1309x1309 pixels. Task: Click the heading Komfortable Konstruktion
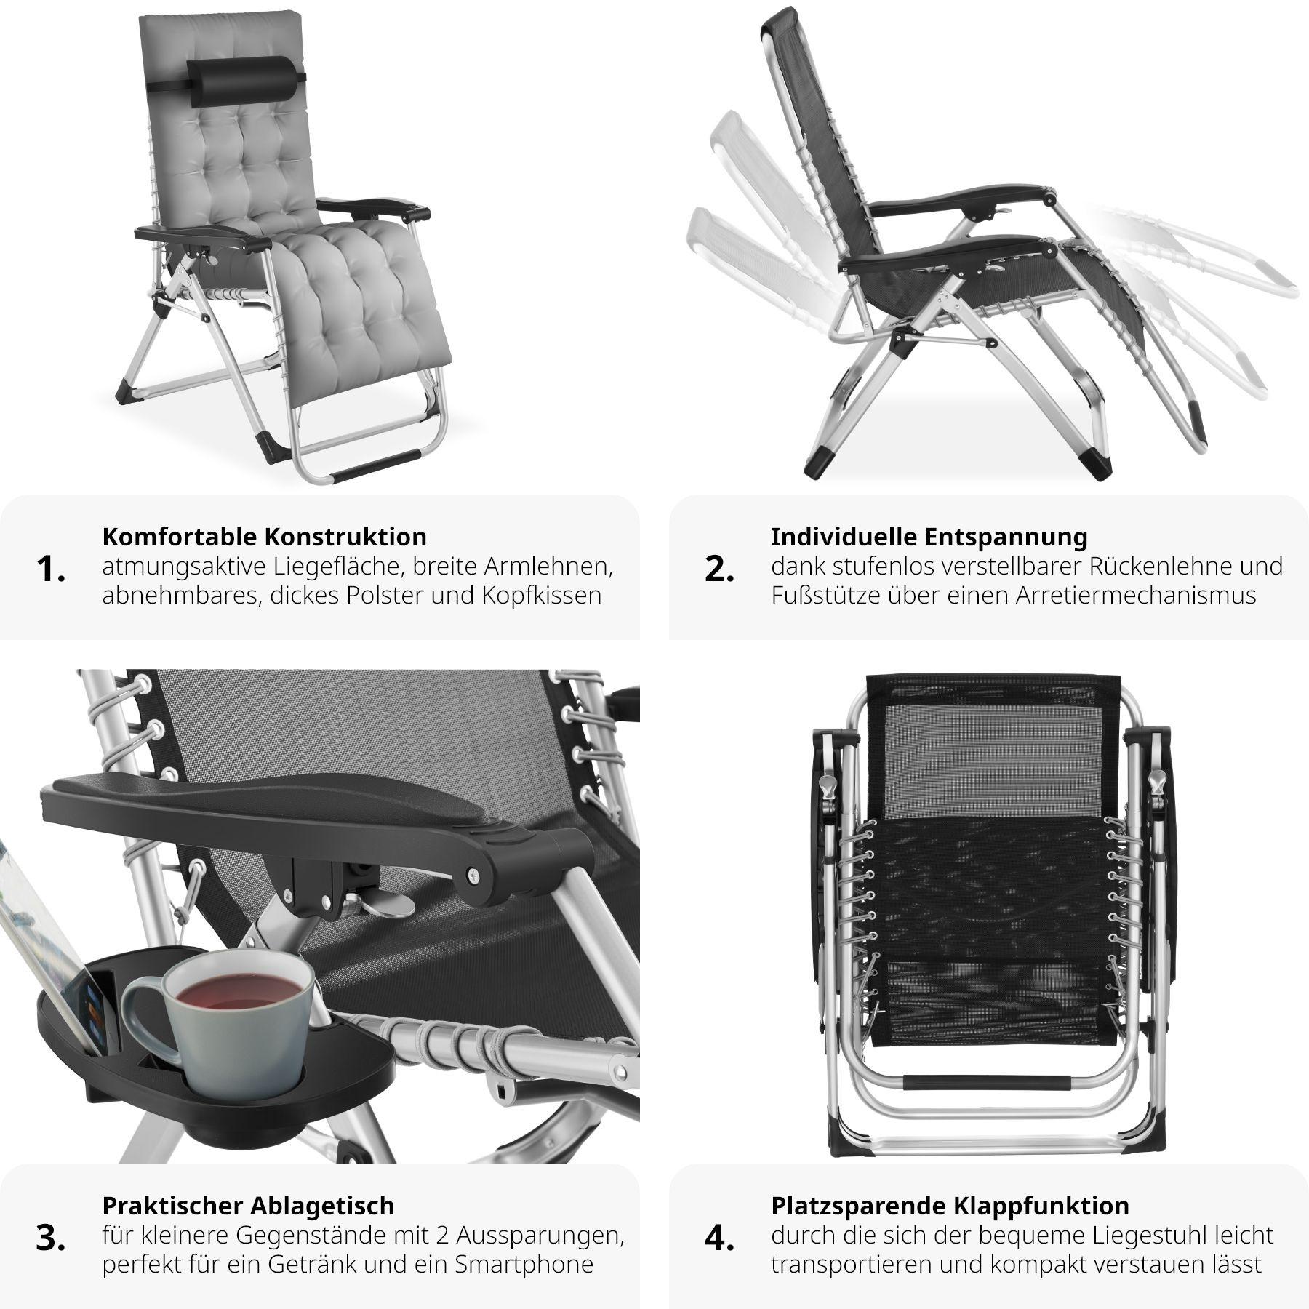click(x=264, y=537)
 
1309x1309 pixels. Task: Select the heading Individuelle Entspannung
click(x=929, y=537)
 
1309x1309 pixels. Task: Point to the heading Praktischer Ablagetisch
click(x=248, y=1206)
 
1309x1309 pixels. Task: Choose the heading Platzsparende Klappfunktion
click(x=950, y=1206)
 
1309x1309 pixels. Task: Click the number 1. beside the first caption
click(x=50, y=569)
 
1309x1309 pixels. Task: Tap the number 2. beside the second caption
click(x=718, y=569)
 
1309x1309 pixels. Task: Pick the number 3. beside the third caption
click(x=51, y=1238)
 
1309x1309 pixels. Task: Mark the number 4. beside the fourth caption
click(x=719, y=1238)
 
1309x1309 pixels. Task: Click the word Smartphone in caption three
click(x=524, y=1265)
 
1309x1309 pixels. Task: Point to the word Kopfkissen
click(x=541, y=596)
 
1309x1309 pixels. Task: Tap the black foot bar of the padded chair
click(x=377, y=465)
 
